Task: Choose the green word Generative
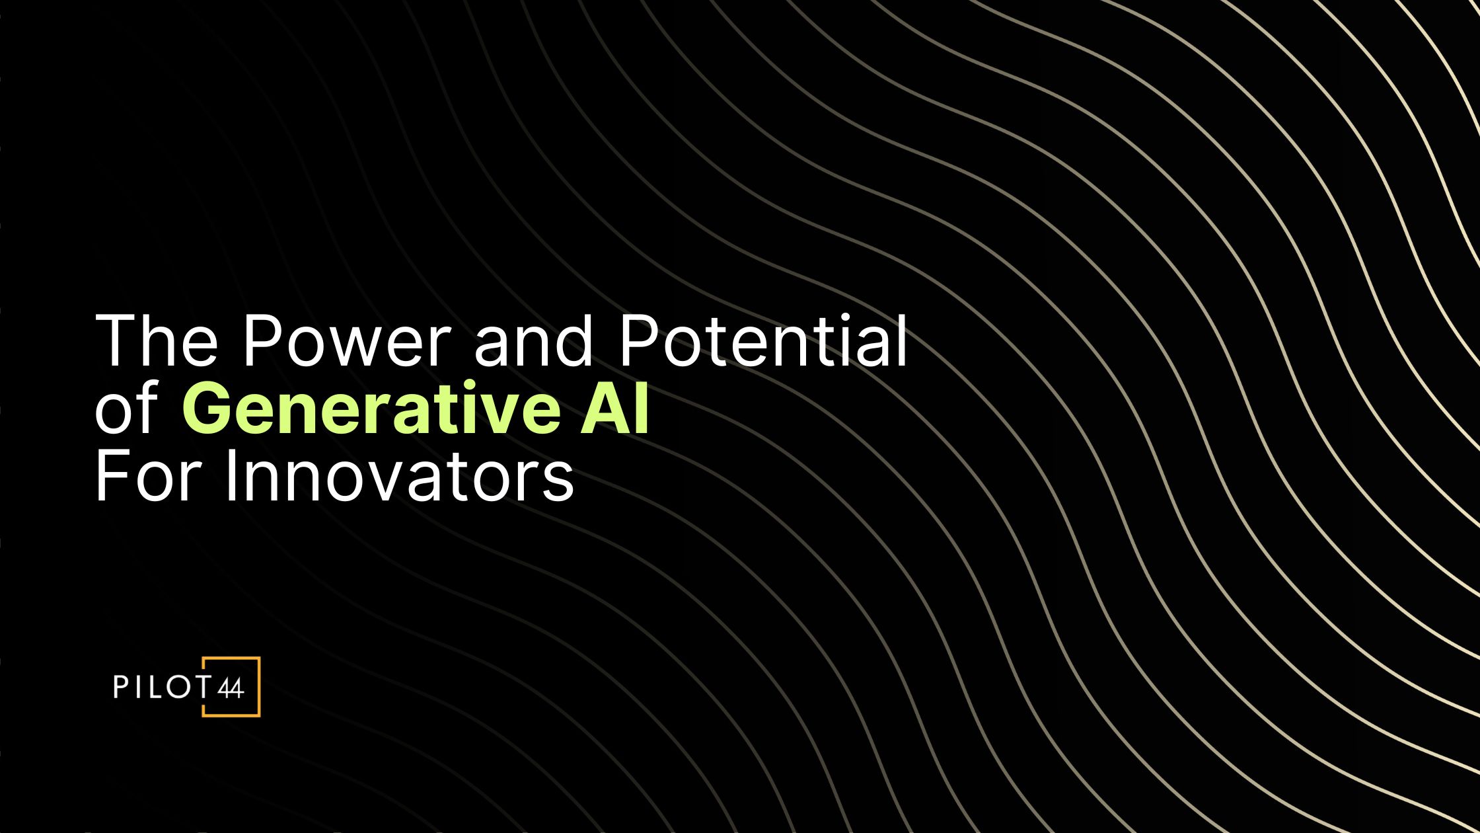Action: [371, 410]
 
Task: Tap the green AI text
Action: [614, 410]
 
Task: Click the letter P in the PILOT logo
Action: [120, 687]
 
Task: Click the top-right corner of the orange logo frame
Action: [258, 659]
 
